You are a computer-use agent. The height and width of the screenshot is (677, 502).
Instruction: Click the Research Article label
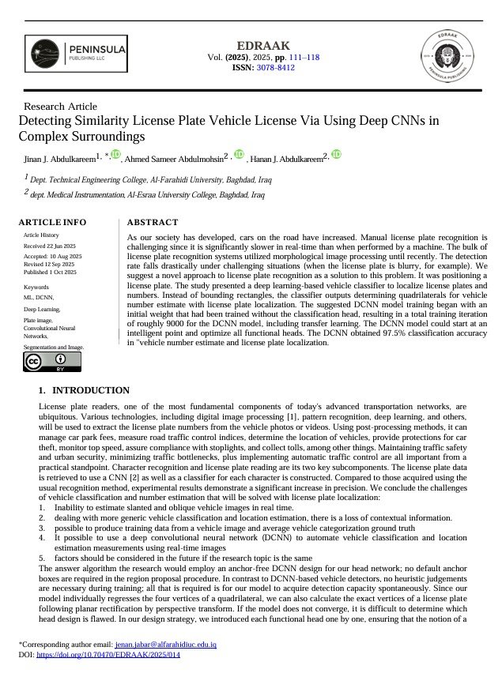point(61,107)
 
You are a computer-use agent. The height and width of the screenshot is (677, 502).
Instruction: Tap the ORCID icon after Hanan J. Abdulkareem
point(335,154)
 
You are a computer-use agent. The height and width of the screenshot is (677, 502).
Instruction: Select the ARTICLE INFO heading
point(52,222)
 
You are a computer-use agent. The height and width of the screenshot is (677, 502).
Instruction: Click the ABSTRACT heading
point(153,222)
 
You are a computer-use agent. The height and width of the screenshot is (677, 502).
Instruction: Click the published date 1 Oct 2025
point(49,272)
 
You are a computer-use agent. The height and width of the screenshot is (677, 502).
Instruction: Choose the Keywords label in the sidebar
point(36,287)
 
